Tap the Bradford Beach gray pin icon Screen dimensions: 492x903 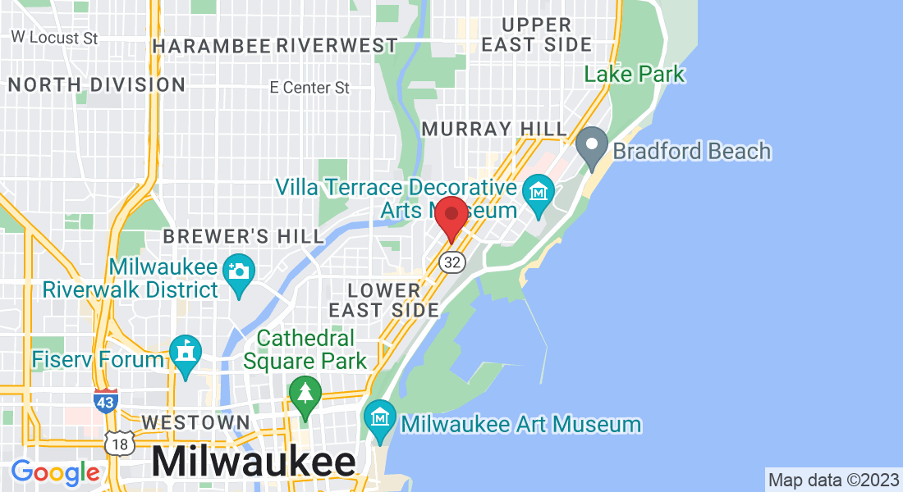pos(591,147)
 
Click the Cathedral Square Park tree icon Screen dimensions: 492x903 pos(305,396)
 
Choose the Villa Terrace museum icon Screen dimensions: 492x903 pos(539,194)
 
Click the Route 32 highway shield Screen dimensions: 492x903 pos(451,262)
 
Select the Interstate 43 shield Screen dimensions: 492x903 pos(106,401)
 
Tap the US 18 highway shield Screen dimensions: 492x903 pos(118,443)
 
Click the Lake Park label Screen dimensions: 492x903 pos(634,74)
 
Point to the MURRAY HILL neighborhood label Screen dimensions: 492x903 pos(494,130)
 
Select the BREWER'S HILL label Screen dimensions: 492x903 pos(244,236)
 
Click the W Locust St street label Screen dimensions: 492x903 pos(55,38)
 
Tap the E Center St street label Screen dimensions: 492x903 pos(310,87)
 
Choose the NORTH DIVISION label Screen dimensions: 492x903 pos(96,84)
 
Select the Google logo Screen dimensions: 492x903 pos(55,472)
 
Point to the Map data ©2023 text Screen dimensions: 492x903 pos(833,480)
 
